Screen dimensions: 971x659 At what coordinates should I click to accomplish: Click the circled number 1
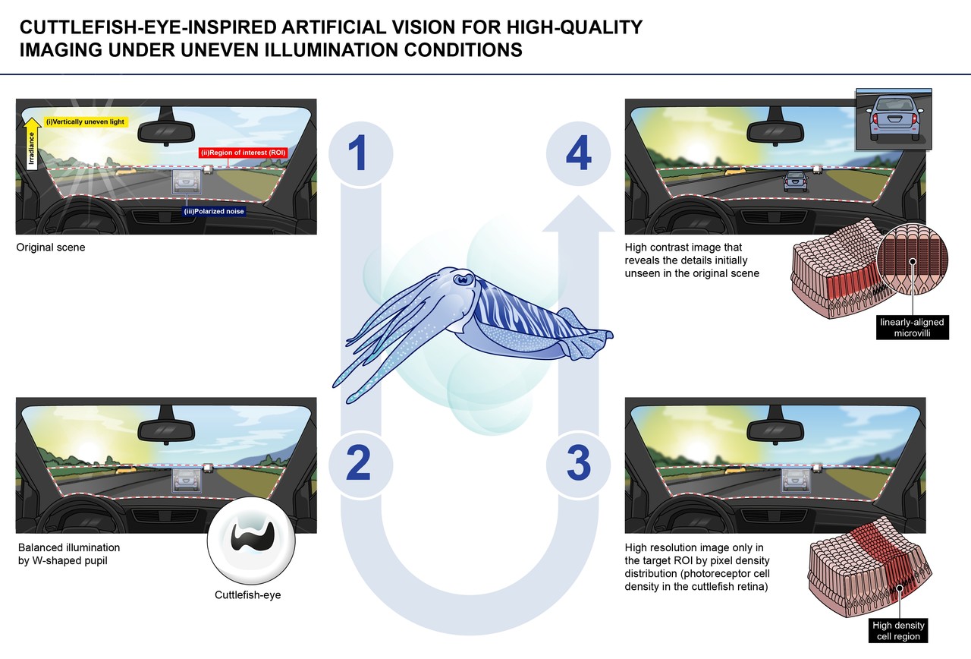[x=360, y=154]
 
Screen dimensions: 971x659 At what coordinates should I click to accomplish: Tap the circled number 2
[x=360, y=464]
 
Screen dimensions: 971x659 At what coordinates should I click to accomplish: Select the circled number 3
[x=578, y=464]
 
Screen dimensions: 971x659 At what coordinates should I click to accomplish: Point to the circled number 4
[x=578, y=154]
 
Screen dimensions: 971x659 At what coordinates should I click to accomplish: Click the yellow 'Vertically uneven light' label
[x=86, y=122]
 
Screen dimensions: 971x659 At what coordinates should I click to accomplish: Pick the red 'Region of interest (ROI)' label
[x=244, y=153]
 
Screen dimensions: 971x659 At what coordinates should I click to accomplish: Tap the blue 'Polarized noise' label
[x=214, y=211]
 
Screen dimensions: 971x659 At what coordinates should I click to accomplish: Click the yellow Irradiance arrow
[x=31, y=143]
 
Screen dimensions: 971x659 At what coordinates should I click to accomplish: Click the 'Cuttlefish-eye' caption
[x=247, y=594]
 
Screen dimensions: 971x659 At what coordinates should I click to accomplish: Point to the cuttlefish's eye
[x=464, y=278]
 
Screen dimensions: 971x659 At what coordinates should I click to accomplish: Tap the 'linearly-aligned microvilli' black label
[x=912, y=327]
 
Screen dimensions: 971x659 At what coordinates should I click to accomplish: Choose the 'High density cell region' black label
[x=898, y=631]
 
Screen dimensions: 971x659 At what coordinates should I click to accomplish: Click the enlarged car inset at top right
[x=894, y=120]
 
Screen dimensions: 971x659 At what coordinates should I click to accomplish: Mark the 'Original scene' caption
[x=51, y=248]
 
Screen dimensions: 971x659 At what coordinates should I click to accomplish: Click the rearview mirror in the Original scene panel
[x=166, y=129]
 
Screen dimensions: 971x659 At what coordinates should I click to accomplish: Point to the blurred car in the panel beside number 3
[x=795, y=481]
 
